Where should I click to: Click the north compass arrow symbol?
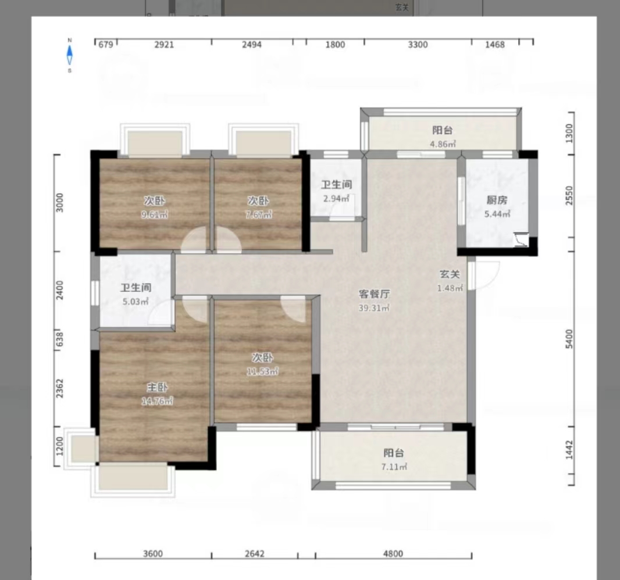click(70, 55)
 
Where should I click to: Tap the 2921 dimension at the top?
click(164, 45)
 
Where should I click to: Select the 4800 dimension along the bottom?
click(393, 553)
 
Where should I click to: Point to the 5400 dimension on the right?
click(569, 339)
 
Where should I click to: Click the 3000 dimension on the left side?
click(59, 202)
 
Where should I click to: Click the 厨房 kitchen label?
click(497, 200)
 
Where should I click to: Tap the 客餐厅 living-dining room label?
click(374, 294)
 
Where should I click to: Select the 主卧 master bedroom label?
click(157, 388)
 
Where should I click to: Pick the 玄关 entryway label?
click(450, 274)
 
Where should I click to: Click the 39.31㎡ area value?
click(374, 308)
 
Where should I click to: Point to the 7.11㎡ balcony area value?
click(394, 467)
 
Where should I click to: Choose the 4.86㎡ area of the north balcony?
click(443, 144)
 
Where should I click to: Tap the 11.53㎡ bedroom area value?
click(262, 371)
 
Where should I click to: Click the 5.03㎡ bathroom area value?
click(136, 302)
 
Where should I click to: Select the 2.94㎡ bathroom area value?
click(336, 198)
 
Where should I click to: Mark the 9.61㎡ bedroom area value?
click(155, 214)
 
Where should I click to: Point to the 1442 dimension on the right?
click(569, 450)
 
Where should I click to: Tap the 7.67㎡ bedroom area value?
click(259, 214)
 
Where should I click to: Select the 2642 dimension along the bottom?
click(254, 553)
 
